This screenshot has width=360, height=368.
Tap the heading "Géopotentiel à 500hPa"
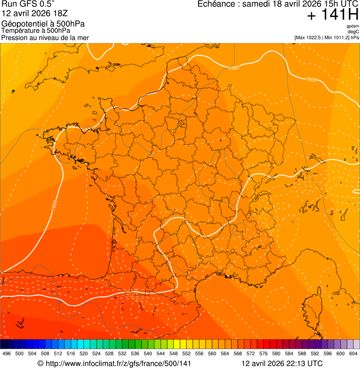tap(43, 24)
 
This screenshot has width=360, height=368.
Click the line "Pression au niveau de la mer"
tap(45, 37)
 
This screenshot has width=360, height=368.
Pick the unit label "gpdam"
tap(353, 26)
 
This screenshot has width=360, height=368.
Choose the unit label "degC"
tap(354, 31)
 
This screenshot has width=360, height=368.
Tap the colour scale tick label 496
tap(7, 353)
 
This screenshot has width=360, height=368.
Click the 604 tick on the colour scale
tap(353, 353)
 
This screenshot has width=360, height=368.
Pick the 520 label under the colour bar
tap(83, 353)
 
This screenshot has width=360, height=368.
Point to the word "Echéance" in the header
tap(215, 4)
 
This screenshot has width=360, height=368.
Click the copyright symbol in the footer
tap(40, 363)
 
